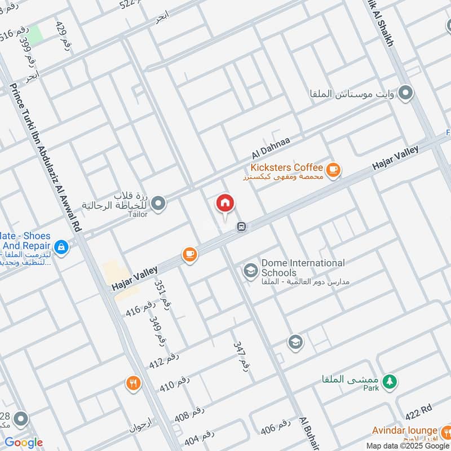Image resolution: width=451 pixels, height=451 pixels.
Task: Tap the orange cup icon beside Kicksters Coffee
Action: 333,169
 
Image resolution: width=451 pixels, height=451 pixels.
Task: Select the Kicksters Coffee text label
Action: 287,167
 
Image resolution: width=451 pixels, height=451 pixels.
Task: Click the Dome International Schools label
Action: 303,268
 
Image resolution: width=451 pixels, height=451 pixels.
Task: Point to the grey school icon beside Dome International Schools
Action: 250,271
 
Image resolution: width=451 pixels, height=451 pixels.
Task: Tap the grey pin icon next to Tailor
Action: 158,202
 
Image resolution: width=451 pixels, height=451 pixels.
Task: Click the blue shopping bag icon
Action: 61,246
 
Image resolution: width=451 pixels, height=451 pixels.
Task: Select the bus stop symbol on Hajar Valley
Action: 241,226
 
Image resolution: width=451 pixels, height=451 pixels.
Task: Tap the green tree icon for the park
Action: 388,382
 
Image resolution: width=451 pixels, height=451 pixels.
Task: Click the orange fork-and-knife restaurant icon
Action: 133,383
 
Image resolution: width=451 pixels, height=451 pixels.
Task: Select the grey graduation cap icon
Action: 295,341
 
